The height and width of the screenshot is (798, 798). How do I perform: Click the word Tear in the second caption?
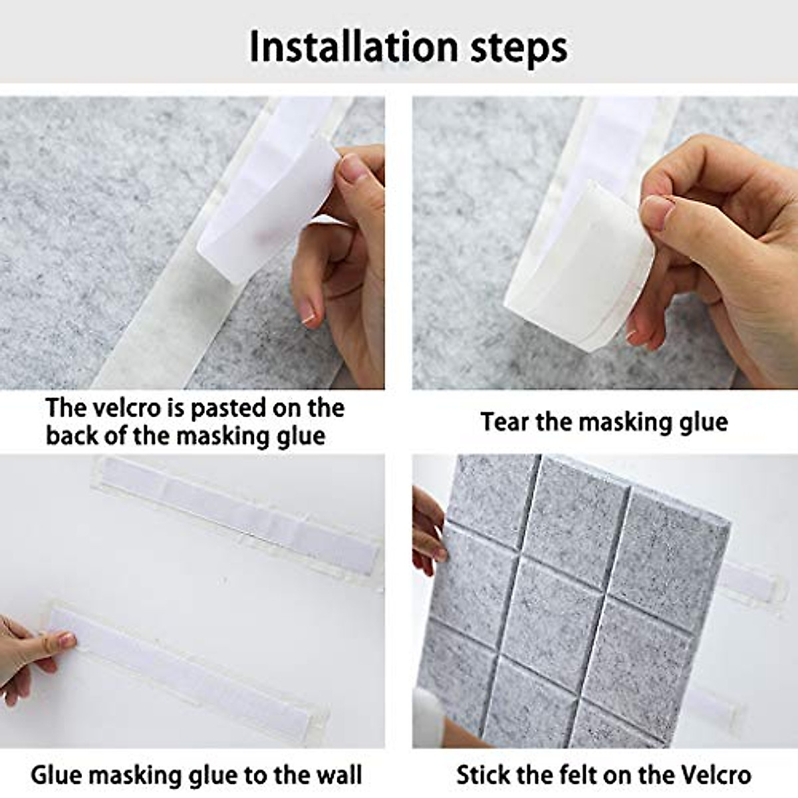pyautogui.click(x=504, y=422)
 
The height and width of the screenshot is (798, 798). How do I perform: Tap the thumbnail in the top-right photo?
pyautogui.click(x=657, y=209)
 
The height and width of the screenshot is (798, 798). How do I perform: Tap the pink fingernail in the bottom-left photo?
pyautogui.click(x=66, y=640)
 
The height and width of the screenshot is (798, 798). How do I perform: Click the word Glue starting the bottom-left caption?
pyautogui.click(x=56, y=775)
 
